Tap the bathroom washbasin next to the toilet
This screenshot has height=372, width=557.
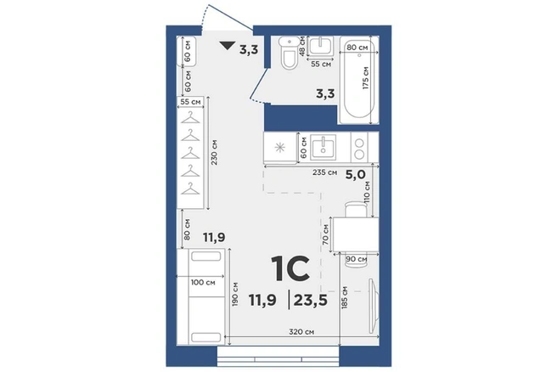click(321, 46)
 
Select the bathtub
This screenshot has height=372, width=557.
click(359, 80)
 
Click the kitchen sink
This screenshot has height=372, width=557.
click(324, 147)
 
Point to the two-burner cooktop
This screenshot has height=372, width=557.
click(360, 148)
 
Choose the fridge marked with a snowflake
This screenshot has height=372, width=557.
click(280, 148)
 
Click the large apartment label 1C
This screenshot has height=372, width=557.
click(290, 269)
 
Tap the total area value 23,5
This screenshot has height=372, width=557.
click(311, 301)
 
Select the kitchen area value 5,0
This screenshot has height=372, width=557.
click(356, 174)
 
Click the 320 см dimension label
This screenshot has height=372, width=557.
click(301, 332)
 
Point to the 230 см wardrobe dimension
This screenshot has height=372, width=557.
click(214, 152)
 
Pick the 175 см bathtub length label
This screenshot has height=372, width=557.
click(366, 78)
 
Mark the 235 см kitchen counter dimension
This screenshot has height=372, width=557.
click(324, 172)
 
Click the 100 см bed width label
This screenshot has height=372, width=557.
click(203, 283)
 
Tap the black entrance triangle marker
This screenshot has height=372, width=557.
click(227, 46)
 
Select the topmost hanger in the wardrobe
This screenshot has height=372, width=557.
click(190, 118)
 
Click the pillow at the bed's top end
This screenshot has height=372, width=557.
click(205, 256)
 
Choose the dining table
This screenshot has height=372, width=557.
click(355, 235)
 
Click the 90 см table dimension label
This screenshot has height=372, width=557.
click(357, 259)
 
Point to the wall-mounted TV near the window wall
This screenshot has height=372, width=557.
click(373, 307)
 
